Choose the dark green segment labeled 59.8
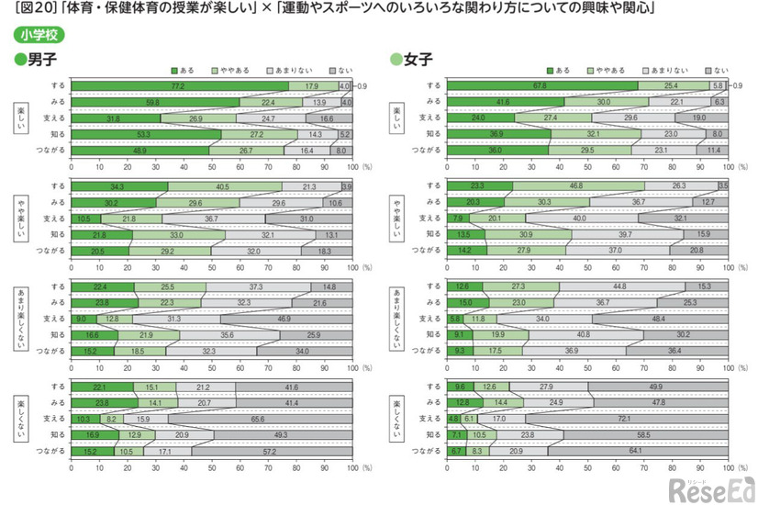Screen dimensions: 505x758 coord(155,102)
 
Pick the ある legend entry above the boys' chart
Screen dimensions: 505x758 coord(181,71)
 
